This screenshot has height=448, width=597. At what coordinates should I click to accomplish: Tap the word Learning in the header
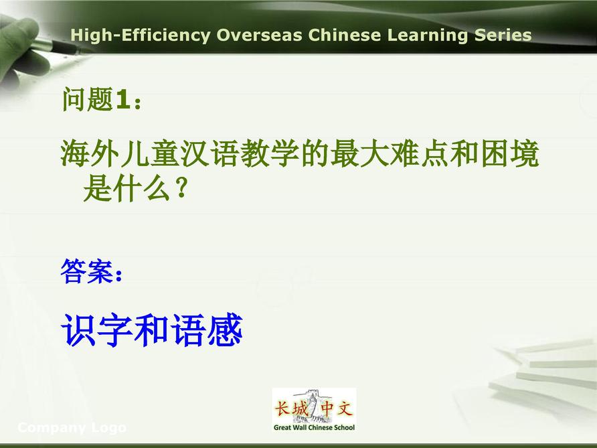[x=428, y=35]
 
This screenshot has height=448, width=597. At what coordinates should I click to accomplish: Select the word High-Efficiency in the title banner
[x=141, y=35]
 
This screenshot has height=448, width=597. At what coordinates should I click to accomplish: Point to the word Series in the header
[x=503, y=35]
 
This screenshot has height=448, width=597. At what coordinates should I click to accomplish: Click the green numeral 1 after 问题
[x=123, y=100]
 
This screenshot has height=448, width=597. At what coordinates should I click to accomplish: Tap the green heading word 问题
[x=88, y=99]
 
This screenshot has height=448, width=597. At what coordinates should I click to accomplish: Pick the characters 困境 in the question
[x=510, y=153]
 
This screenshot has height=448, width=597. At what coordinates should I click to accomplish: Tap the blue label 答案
[x=87, y=271]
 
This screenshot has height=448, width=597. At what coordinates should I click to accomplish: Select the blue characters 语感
[x=207, y=330]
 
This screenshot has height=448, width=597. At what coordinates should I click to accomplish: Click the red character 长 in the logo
[x=282, y=408]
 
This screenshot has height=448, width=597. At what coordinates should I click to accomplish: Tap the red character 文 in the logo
[x=345, y=408]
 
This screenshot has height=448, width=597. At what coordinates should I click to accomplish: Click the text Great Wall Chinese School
[x=314, y=427]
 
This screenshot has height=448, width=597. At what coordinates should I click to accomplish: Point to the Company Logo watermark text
[x=72, y=428]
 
